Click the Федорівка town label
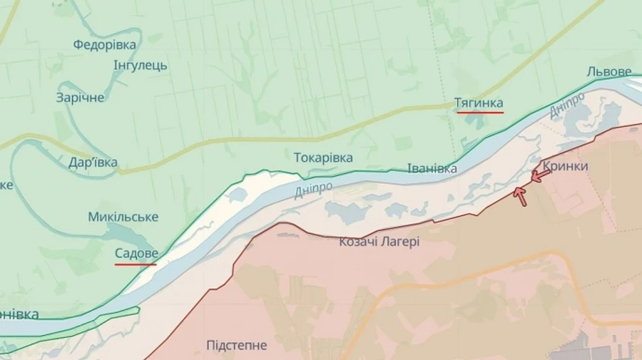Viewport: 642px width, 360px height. click(x=104, y=45)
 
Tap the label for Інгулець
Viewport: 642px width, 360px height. click(x=141, y=66)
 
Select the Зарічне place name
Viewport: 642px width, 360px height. click(x=81, y=98)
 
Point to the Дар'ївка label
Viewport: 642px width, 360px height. click(x=93, y=162)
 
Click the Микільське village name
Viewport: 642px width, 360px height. click(x=123, y=217)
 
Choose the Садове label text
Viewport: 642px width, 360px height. click(x=136, y=252)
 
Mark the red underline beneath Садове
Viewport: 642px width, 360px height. click(x=136, y=264)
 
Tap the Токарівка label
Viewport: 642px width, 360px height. click(x=323, y=157)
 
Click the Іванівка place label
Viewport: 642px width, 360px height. click(x=432, y=169)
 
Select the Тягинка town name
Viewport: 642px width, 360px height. click(x=479, y=103)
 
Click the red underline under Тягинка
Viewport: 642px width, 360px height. click(x=479, y=112)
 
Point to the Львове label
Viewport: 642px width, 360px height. click(x=608, y=72)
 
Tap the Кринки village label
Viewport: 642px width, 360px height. click(x=566, y=166)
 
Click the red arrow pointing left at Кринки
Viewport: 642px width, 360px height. click(x=541, y=175)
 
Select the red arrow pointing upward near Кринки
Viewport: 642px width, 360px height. click(x=521, y=195)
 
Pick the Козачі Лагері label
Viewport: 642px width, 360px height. click(x=379, y=242)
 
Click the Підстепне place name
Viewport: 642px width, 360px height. click(x=237, y=346)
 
